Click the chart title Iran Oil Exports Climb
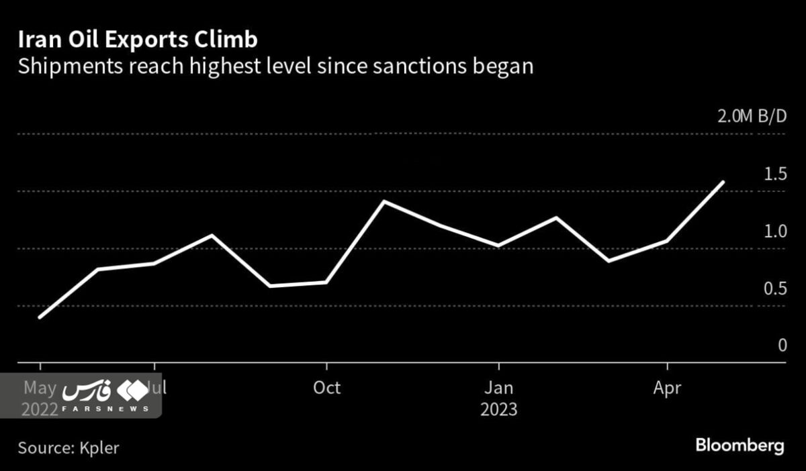[x=138, y=40]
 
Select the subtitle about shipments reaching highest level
[x=275, y=66]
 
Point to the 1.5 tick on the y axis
[x=774, y=174]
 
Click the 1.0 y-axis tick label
[x=774, y=231]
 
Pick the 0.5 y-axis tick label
[x=774, y=289]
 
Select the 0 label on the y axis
[x=781, y=346]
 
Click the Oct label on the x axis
[x=326, y=388]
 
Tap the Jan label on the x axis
[x=499, y=388]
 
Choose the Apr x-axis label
[x=667, y=388]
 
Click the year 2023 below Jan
[x=499, y=409]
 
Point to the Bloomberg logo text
[x=740, y=446]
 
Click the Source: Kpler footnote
[x=69, y=447]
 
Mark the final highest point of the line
[x=723, y=182]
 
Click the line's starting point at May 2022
[x=40, y=317]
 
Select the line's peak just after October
[x=384, y=201]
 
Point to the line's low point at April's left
[x=609, y=261]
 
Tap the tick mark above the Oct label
[x=326, y=367]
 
